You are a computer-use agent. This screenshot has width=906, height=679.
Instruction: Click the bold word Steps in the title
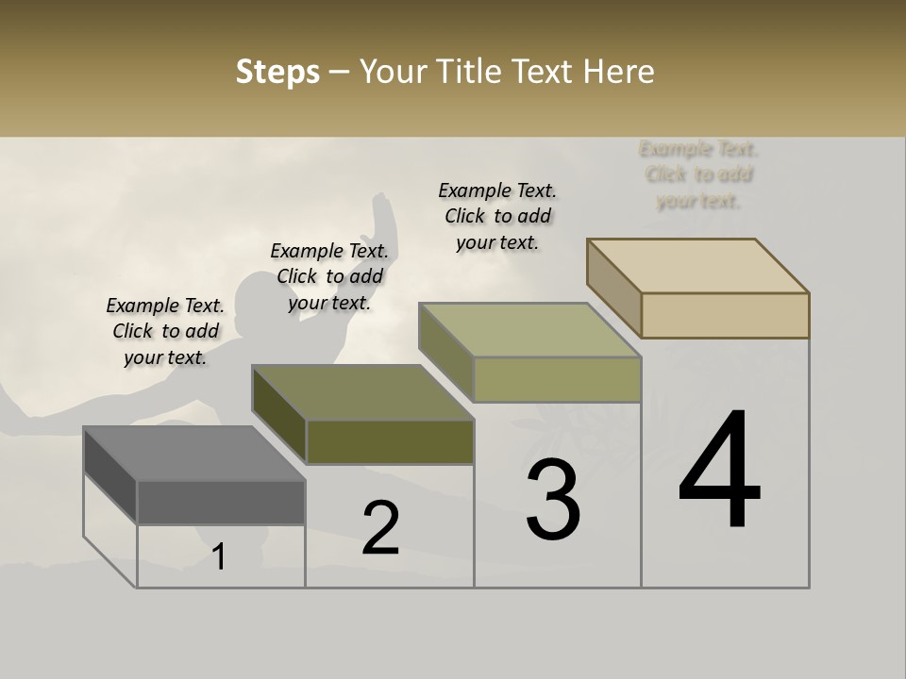[x=277, y=72]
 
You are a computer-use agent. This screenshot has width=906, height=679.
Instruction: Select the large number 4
[x=720, y=471]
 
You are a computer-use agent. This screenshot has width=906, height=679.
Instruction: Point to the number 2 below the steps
[x=381, y=528]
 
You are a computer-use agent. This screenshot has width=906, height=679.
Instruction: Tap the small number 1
[x=219, y=557]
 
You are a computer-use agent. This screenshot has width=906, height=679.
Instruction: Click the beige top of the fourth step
[x=698, y=265]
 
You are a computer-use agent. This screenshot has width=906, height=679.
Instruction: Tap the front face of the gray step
[x=221, y=503]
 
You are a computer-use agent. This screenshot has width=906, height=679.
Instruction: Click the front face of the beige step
[x=725, y=315]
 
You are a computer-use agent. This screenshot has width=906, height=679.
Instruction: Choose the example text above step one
[x=165, y=331]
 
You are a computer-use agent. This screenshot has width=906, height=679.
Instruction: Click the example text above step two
[x=329, y=276]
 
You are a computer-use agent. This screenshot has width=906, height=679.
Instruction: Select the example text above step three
[x=497, y=216]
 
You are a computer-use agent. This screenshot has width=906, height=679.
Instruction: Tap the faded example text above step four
[x=698, y=174]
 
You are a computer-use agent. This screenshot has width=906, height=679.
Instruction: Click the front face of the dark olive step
[x=390, y=441]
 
